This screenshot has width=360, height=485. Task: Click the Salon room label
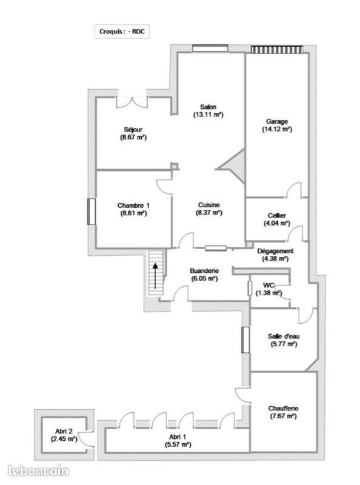click(208, 107)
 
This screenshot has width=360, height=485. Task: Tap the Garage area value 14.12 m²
click(277, 129)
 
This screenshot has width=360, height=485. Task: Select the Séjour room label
click(133, 129)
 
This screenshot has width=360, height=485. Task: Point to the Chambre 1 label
click(133, 206)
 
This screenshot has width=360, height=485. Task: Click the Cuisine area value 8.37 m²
click(208, 213)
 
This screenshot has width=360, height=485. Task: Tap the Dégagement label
click(276, 251)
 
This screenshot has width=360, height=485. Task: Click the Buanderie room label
click(204, 271)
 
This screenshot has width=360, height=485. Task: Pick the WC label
click(269, 285)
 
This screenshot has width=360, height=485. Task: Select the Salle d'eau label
click(283, 336)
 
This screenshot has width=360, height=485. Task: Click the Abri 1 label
click(178, 436)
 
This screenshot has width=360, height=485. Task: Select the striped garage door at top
click(277, 49)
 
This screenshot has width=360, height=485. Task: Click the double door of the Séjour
click(132, 101)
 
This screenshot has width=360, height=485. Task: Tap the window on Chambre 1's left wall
click(92, 211)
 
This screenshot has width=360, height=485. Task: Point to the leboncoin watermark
click(39, 470)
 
